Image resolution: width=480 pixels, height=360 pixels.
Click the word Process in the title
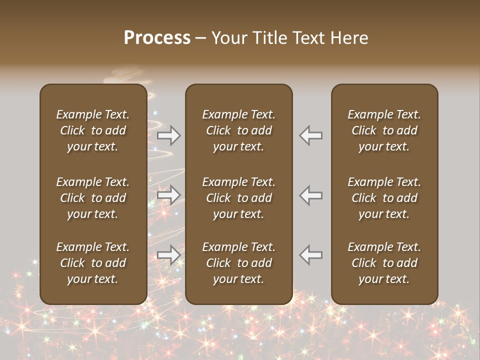(157, 38)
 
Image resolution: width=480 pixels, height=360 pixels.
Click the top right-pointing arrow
(168, 135)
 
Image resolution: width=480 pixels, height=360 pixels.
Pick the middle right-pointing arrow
(168, 194)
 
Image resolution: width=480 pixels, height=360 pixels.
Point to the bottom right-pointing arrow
(168, 254)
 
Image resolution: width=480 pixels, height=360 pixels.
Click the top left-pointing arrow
(311, 135)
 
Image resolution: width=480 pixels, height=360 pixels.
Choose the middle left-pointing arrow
(311, 194)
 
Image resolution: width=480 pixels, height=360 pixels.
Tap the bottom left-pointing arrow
(311, 254)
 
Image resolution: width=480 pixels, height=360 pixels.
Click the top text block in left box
(92, 130)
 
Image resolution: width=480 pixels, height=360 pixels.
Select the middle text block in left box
(92, 198)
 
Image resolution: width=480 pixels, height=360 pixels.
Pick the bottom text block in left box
(92, 263)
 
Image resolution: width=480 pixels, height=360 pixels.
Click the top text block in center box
(238, 130)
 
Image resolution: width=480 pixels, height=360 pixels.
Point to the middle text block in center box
(238, 198)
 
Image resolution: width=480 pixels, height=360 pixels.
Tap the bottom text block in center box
(238, 263)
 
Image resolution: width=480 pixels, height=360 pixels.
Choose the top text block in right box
(384, 130)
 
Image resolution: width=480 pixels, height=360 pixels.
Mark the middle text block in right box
(384, 198)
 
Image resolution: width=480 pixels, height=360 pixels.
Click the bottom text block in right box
(384, 263)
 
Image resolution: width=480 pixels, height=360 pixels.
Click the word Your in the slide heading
(228, 38)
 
